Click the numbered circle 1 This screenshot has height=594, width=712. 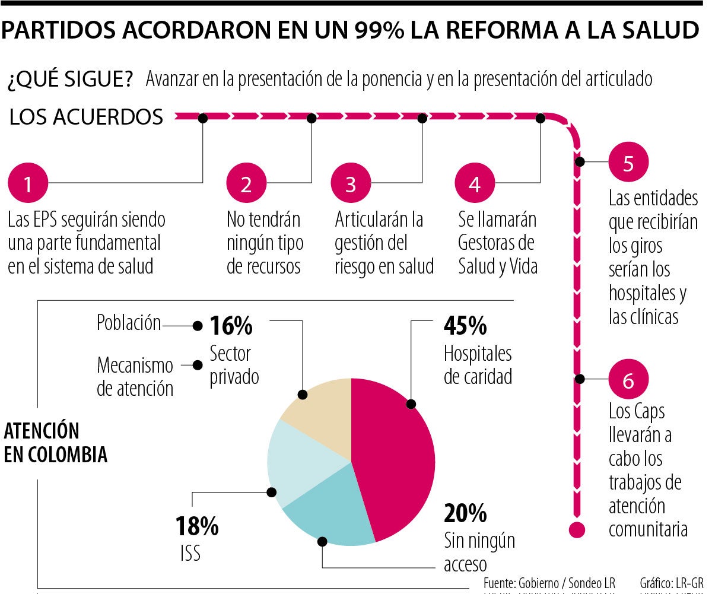tap(27, 184)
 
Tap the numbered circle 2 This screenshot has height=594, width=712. tap(246, 184)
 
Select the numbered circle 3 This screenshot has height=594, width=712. tap(350, 184)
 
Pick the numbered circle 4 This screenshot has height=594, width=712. tap(474, 184)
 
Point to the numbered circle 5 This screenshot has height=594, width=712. tap(628, 163)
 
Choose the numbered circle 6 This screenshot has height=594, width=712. tap(628, 380)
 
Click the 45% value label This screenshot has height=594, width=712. tap(465, 326)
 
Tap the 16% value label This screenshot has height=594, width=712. tap(231, 326)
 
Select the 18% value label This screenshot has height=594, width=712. tap(197, 526)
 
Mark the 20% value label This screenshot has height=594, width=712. tap(465, 512)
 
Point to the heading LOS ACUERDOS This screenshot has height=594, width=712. tap(86, 117)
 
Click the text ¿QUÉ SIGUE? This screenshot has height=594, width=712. tap(70, 80)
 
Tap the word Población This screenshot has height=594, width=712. tap(129, 323)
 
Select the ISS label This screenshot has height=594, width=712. tap(190, 553)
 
